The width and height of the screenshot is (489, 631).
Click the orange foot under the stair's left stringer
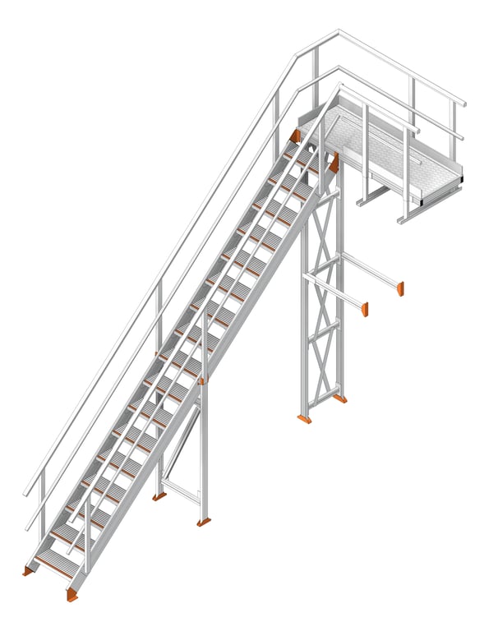click(28, 570)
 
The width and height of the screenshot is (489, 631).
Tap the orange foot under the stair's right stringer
click(73, 594)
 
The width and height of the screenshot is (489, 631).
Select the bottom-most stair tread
click(56, 564)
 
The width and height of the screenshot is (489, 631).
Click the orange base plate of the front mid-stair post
click(203, 522)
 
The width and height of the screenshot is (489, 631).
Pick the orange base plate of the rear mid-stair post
click(159, 496)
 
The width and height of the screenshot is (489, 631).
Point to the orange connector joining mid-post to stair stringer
click(202, 380)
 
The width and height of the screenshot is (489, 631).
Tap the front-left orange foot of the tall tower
click(304, 419)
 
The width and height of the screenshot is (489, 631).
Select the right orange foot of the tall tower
click(339, 398)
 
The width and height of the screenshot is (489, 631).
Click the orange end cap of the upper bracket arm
click(400, 288)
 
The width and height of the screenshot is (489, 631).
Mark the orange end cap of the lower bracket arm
click(364, 310)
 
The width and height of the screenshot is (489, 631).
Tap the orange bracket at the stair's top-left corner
click(295, 136)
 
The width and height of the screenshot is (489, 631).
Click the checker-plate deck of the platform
click(386, 152)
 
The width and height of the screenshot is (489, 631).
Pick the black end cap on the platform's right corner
click(461, 176)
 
